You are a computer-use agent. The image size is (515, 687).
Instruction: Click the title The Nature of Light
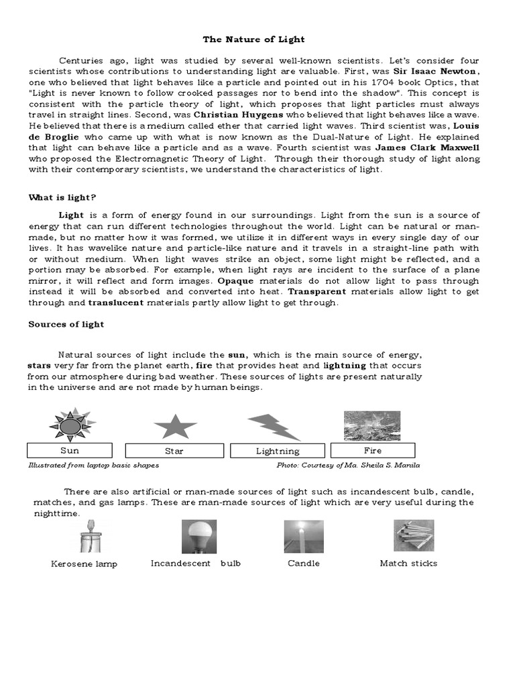click(257, 40)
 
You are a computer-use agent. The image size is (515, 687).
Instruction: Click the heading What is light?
click(62, 197)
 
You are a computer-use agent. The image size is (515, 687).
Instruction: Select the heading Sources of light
click(66, 324)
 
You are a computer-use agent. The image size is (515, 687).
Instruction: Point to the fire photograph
click(372, 425)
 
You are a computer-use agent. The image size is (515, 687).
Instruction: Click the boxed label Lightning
click(278, 451)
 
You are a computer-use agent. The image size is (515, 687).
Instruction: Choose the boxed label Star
click(174, 451)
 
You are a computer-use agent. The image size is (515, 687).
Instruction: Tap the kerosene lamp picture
click(85, 536)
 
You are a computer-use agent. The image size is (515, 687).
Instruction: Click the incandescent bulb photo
click(199, 537)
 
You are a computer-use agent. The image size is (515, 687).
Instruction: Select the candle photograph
click(303, 537)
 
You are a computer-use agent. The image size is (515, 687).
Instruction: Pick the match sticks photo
click(413, 535)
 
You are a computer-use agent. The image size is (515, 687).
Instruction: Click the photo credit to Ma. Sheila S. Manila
click(348, 465)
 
